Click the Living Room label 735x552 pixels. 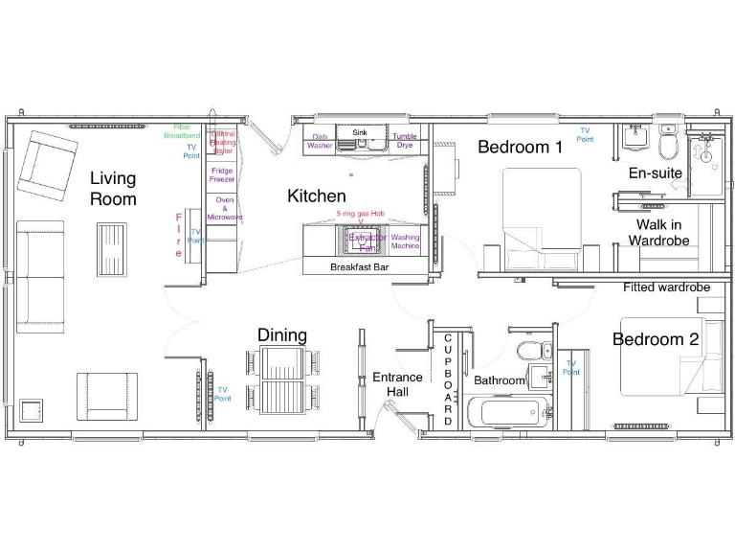click(113, 189)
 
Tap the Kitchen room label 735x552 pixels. click(317, 195)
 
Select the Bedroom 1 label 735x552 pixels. click(521, 148)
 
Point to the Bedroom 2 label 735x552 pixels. click(656, 339)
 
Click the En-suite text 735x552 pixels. click(655, 173)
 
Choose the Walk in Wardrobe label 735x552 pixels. click(658, 232)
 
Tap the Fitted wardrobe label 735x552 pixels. click(666, 287)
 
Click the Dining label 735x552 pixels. click(282, 334)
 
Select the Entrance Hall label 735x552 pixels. click(397, 384)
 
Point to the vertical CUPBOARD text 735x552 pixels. click(447, 380)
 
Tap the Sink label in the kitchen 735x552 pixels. click(360, 132)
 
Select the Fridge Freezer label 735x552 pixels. click(222, 174)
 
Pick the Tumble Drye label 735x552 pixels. click(405, 141)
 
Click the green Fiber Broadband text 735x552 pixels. click(182, 131)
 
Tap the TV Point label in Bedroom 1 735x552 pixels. click(584, 135)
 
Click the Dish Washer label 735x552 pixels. click(320, 141)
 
